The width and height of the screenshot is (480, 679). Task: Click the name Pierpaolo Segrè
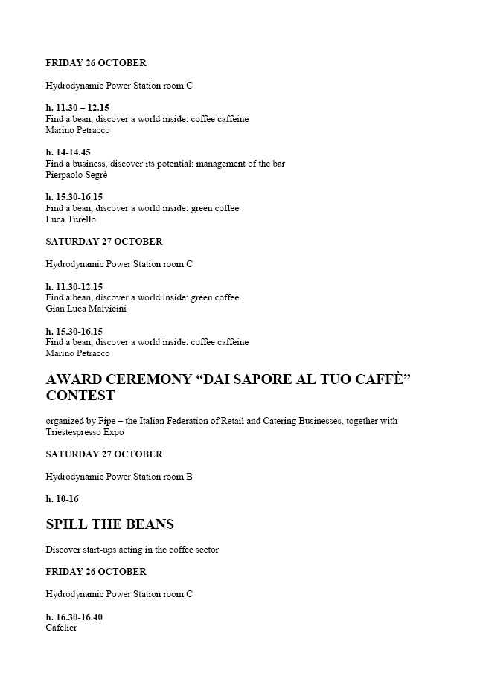[x=77, y=175]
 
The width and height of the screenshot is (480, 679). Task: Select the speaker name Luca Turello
[x=71, y=219]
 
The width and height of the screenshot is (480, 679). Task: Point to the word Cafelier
[x=61, y=628]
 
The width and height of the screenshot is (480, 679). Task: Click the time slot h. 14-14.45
[x=68, y=152]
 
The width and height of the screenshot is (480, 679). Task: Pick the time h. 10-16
[x=62, y=499]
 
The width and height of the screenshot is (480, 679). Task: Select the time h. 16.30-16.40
[x=74, y=617]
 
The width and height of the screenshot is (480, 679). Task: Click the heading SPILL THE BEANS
[x=109, y=524]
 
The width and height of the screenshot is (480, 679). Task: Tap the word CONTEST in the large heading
[x=80, y=396]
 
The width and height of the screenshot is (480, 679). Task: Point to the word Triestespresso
[x=73, y=432]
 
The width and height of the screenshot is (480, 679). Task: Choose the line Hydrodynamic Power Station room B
[x=119, y=477]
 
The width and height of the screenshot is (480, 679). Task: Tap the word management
[x=223, y=164]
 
